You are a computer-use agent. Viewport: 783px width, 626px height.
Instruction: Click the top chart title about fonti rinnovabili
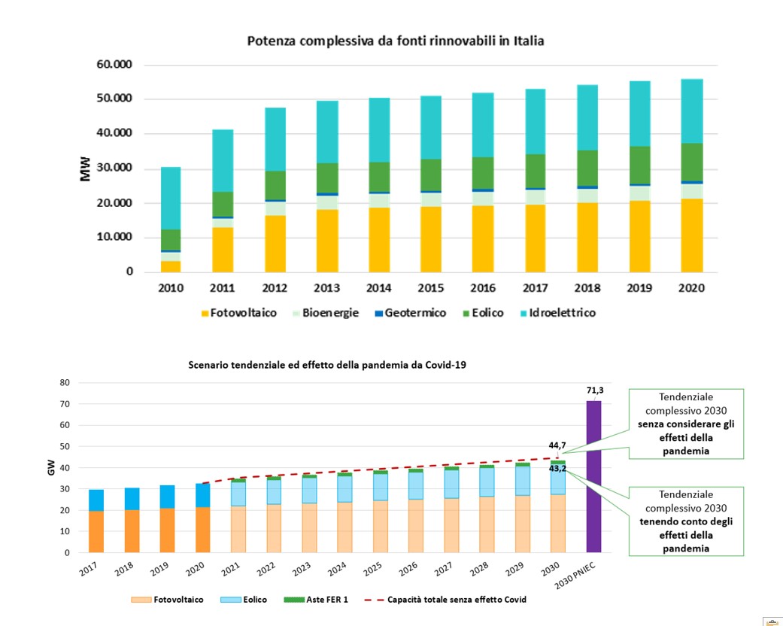point(396,41)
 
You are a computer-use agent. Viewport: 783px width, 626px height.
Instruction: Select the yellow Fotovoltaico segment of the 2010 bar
point(170,266)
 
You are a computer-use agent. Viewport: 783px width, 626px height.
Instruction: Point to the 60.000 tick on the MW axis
point(114,65)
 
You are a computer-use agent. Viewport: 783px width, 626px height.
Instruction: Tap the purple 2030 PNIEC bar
point(593,476)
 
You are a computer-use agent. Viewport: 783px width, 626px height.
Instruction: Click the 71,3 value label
point(594,390)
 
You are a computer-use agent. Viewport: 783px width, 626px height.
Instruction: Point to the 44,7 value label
point(557,445)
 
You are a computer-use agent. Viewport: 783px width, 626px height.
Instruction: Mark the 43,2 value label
point(557,468)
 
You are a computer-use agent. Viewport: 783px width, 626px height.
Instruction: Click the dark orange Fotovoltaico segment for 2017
point(96,532)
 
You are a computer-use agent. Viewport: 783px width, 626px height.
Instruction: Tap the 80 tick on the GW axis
point(65,382)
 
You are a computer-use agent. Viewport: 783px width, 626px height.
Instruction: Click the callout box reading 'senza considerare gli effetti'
point(686,424)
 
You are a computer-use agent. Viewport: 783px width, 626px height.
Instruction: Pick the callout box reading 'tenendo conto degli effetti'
point(686,521)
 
